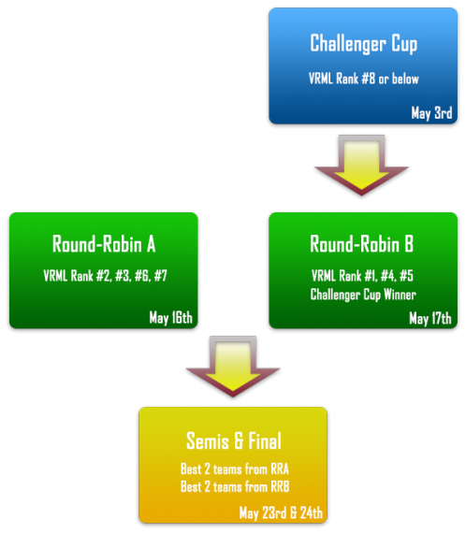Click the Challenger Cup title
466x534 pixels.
[363, 44]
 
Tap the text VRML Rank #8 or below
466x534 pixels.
[363, 79]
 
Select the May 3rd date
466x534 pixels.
[431, 113]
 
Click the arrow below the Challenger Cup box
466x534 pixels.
[361, 166]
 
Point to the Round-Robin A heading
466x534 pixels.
[104, 244]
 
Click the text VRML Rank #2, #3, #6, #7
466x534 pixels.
[105, 276]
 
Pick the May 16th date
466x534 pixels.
[170, 318]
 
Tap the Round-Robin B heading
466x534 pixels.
[362, 244]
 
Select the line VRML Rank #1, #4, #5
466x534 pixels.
[362, 276]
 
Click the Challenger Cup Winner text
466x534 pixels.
[363, 295]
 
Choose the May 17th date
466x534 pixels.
[430, 318]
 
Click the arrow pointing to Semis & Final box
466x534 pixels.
[233, 367]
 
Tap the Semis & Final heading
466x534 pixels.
[234, 440]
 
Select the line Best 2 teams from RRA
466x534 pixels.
[235, 469]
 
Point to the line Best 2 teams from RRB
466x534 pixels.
[235, 486]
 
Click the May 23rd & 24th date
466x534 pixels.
[281, 512]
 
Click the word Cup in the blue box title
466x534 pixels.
[404, 44]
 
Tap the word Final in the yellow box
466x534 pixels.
[265, 440]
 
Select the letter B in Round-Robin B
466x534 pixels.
[409, 244]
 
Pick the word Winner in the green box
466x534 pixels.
[400, 295]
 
